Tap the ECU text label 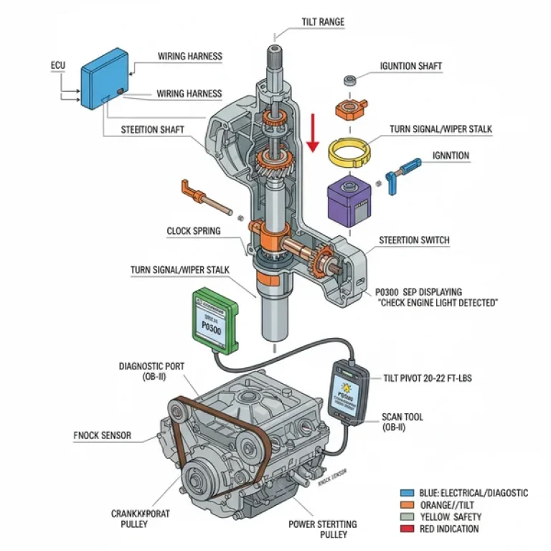[x=58, y=66]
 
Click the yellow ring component [x=349, y=151]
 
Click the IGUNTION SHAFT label [x=410, y=66]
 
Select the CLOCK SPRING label [x=194, y=231]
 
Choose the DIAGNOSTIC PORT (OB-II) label [x=151, y=371]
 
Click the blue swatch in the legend [x=407, y=494]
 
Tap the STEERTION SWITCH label [x=413, y=240]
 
